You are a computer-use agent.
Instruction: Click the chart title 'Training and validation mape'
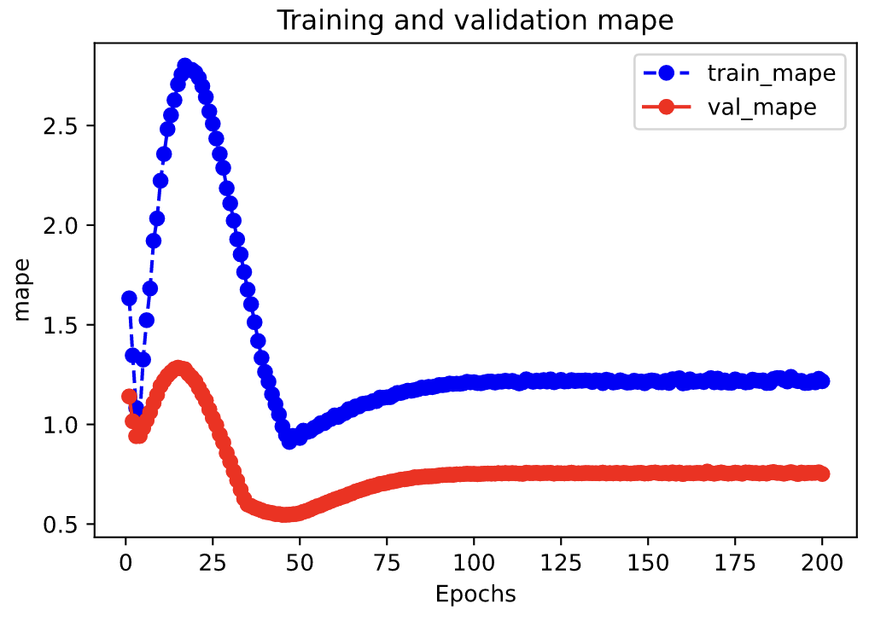pos(475,21)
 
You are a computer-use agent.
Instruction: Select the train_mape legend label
pos(771,73)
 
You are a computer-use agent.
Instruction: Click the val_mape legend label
pos(761,107)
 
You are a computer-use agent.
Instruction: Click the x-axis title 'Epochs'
pos(475,594)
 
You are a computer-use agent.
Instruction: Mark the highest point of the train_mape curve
pos(184,66)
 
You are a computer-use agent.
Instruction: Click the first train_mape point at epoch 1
pos(129,298)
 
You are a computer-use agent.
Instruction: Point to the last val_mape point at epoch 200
pos(822,473)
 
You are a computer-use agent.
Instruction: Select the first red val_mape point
pos(129,396)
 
